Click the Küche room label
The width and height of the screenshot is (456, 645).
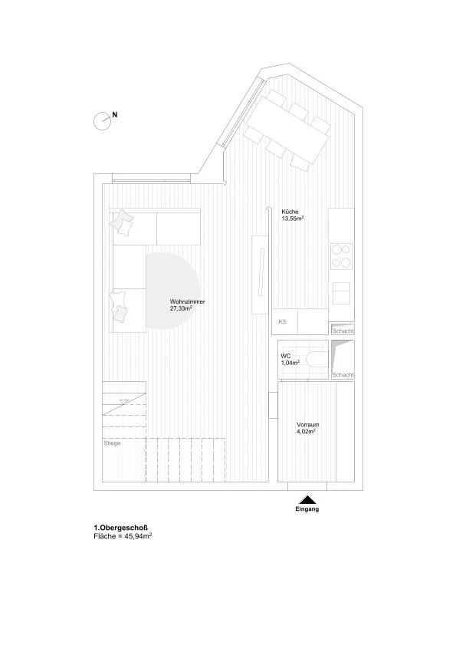[x=290, y=212]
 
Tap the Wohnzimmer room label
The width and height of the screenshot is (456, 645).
[x=188, y=301]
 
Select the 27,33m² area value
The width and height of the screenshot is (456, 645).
[x=182, y=308]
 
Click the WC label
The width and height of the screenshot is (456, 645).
[x=285, y=356]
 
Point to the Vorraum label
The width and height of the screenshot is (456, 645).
[x=308, y=425]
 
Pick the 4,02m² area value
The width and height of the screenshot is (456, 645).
[x=306, y=432]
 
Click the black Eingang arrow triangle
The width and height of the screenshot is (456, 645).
[x=307, y=499]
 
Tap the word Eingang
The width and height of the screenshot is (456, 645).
[x=307, y=509]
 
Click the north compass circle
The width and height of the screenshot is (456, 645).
[x=102, y=122]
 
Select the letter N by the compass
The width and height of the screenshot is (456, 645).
[x=115, y=115]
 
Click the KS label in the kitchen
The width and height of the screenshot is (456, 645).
[x=283, y=321]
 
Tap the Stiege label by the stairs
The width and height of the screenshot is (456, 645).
[x=112, y=443]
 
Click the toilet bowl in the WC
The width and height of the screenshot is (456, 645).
[x=318, y=360]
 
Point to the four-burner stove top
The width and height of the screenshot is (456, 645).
[x=341, y=256]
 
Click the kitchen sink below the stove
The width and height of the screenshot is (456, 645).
[x=341, y=293]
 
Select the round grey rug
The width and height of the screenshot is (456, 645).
[x=172, y=291]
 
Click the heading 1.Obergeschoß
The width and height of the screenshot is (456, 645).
[x=121, y=528]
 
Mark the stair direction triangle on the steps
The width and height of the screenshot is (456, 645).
[x=123, y=402]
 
